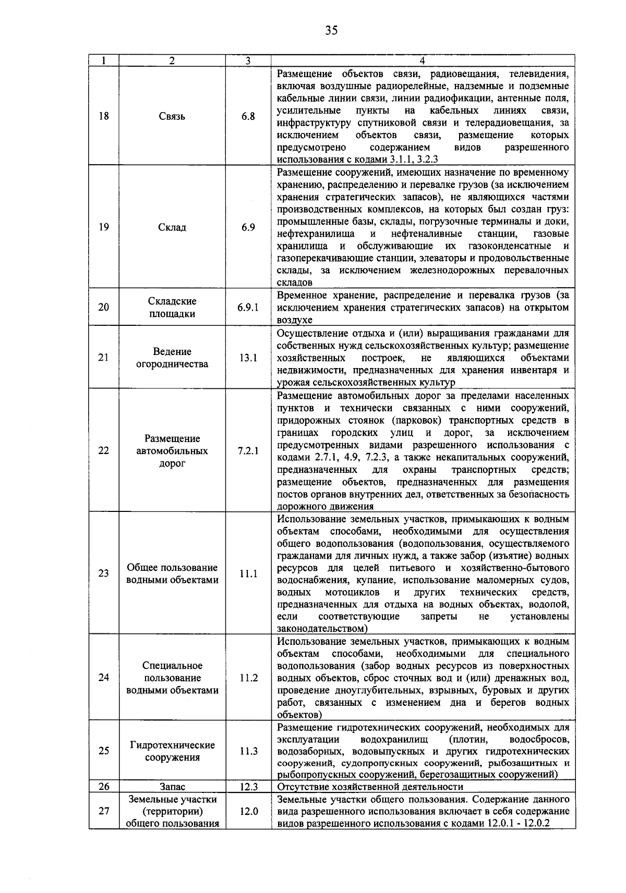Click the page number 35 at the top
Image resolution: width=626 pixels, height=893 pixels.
(x=331, y=30)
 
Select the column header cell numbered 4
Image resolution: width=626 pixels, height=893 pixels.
(x=423, y=60)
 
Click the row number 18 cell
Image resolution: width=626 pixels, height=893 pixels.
(x=104, y=116)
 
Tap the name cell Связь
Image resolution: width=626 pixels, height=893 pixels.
(x=172, y=116)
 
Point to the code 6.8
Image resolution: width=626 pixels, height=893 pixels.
(x=248, y=116)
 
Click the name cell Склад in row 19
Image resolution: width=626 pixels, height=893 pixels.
(x=172, y=227)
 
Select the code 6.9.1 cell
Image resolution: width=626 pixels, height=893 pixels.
(x=248, y=307)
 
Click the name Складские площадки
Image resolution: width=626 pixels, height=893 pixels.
(x=172, y=308)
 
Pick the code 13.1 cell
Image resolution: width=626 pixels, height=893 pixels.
(x=248, y=358)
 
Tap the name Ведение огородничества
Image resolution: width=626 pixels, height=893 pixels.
(x=172, y=358)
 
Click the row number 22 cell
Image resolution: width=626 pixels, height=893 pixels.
(x=104, y=450)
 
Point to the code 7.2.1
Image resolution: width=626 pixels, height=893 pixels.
(x=248, y=450)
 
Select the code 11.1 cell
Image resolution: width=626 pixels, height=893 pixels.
(x=248, y=573)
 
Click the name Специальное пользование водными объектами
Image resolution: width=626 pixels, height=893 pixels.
(x=172, y=678)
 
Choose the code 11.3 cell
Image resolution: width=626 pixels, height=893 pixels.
(x=248, y=751)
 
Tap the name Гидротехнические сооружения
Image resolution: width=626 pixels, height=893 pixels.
(x=172, y=751)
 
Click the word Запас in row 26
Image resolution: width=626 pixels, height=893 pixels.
(x=172, y=787)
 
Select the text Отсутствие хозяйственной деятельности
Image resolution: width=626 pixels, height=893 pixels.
(x=370, y=787)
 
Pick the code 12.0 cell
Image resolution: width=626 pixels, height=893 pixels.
(x=248, y=811)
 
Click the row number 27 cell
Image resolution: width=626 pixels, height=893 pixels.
(x=104, y=811)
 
